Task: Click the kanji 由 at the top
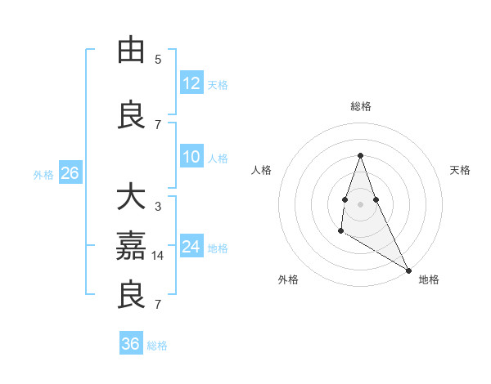[x=133, y=50]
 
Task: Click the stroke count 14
[x=158, y=256]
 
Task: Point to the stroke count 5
[x=158, y=59]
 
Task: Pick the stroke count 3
[x=158, y=207]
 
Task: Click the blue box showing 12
[x=191, y=83]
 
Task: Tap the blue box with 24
[x=191, y=247]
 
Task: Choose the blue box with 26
[x=70, y=173]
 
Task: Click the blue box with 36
[x=131, y=344]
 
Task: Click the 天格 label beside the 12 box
[x=218, y=84]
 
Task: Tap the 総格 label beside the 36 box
[x=157, y=346]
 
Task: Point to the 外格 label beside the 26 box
[x=43, y=174]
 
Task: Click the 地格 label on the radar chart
[x=429, y=279]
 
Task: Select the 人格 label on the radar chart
[x=261, y=170]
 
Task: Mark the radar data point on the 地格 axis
[x=409, y=270]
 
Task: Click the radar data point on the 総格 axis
[x=360, y=155]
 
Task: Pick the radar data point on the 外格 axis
[x=340, y=232]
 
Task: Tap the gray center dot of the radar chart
[x=360, y=203]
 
